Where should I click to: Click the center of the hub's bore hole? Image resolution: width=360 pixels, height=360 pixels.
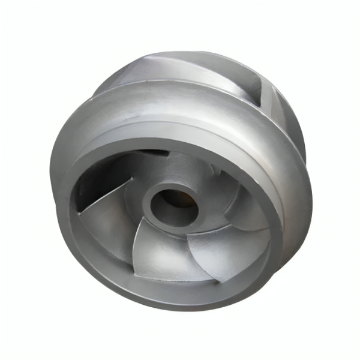click(173, 203)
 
